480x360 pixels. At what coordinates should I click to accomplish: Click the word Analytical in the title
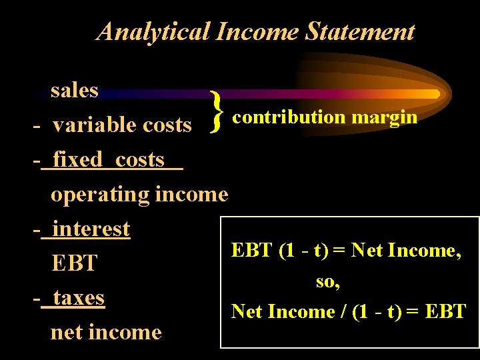(151, 31)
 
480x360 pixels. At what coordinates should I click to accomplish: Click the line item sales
(75, 90)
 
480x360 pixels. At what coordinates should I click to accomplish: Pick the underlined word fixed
(78, 159)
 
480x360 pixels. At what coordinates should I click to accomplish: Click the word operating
(100, 195)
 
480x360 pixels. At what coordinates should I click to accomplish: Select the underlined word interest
(91, 229)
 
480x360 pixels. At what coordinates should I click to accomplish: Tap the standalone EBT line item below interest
(74, 263)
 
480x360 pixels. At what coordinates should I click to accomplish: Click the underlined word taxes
(78, 297)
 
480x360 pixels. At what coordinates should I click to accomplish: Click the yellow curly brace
(215, 111)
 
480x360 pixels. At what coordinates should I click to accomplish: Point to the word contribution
(289, 117)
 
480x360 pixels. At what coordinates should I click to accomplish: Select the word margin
(385, 117)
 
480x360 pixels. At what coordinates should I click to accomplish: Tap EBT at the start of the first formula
(251, 251)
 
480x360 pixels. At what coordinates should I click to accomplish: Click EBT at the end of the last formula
(444, 311)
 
